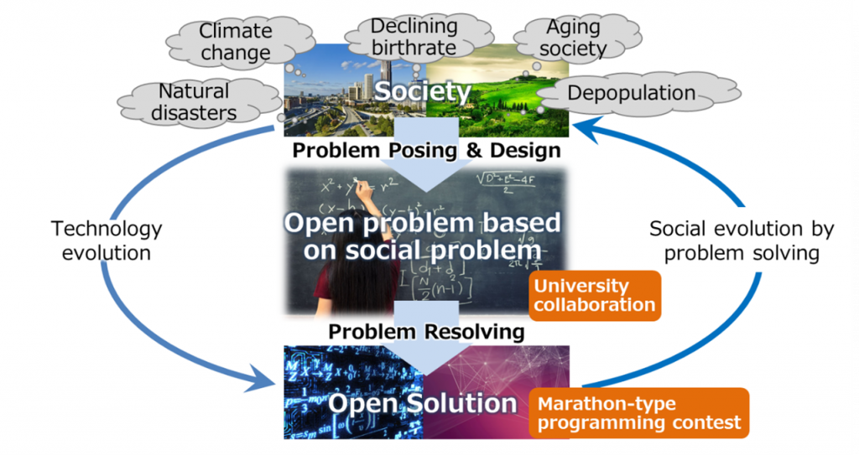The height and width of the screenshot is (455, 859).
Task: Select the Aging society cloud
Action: coord(572,39)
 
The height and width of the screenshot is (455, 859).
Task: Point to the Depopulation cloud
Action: coord(631,93)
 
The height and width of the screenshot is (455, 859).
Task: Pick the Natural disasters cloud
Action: coord(193,101)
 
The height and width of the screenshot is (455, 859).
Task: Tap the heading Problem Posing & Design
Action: coord(426,151)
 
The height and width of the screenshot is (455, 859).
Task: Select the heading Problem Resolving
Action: coord(426,331)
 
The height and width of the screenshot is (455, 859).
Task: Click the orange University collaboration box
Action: coord(595,294)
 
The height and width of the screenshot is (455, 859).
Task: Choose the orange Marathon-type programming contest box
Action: coord(639,413)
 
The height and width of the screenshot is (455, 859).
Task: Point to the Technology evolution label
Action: coord(107,240)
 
